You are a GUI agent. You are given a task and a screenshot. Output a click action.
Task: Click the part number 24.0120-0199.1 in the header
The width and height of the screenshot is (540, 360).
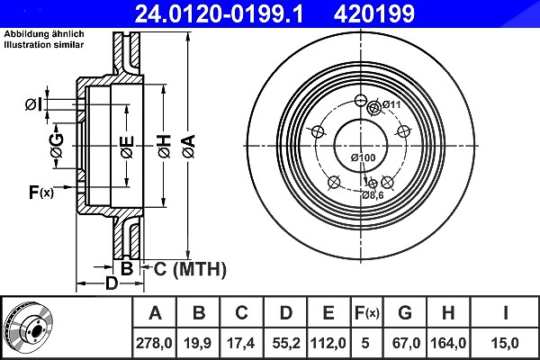point(219,13)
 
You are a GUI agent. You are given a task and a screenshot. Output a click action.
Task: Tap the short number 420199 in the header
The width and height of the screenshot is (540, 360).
point(374,13)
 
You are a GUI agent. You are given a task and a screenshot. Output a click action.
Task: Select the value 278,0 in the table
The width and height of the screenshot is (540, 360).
point(154,343)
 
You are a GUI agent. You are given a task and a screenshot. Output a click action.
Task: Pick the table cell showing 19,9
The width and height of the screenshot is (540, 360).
point(198,343)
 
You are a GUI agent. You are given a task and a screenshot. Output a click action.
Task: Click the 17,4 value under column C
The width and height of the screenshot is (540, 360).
point(241,343)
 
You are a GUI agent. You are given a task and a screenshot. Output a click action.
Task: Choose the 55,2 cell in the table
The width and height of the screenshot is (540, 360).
point(286,343)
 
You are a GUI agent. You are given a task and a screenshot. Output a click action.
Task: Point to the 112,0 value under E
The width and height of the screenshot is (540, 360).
point(328,343)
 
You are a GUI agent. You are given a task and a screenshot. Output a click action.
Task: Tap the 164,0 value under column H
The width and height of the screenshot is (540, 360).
point(448,343)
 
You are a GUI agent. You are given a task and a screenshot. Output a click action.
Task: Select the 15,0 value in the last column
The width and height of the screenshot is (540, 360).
point(505,343)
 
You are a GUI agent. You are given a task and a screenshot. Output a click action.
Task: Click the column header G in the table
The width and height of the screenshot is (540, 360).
point(405,312)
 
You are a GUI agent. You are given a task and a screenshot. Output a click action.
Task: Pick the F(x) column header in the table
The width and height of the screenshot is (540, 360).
point(367,313)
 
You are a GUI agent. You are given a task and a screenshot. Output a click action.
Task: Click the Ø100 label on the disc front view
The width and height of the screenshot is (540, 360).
point(364,157)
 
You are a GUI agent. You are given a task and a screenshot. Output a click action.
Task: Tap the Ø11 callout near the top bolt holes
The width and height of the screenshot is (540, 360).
point(391,103)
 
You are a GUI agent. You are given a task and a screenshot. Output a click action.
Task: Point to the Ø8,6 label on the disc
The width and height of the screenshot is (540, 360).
point(373,195)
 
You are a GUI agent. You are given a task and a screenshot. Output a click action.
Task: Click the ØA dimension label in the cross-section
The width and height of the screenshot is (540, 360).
point(189,147)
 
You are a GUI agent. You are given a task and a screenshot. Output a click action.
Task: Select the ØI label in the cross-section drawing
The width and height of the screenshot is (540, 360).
point(34,104)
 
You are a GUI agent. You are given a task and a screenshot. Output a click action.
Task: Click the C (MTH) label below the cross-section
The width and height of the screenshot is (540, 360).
point(190,269)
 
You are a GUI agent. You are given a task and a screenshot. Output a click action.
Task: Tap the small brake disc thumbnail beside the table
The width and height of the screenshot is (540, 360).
point(29,328)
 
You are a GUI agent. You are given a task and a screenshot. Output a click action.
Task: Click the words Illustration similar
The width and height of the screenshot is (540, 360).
point(44,44)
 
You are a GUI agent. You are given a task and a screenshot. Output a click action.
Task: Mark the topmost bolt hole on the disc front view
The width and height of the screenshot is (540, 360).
point(361,100)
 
